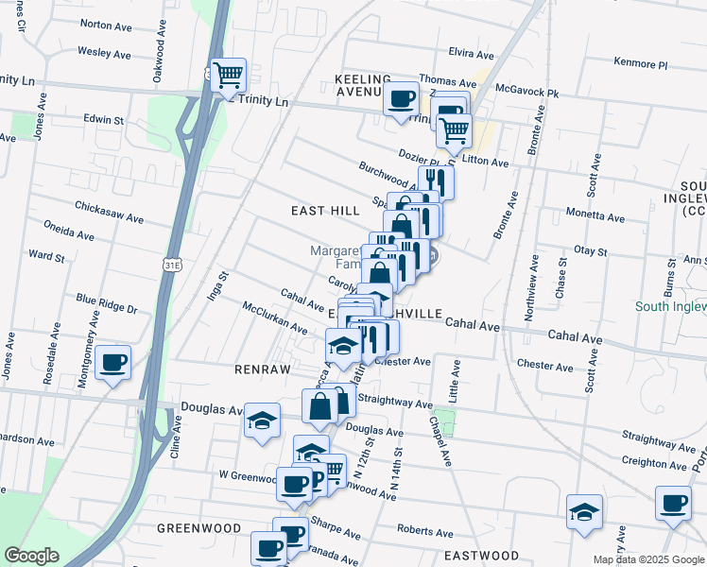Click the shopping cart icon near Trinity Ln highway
pos(227,76)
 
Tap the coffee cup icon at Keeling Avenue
pos(401,98)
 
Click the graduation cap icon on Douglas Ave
pos(262,421)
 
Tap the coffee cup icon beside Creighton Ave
pos(674,505)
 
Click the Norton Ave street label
pos(104,24)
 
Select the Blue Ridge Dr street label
pos(107,303)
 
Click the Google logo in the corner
pos(31,556)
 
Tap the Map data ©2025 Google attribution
pos(647,559)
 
